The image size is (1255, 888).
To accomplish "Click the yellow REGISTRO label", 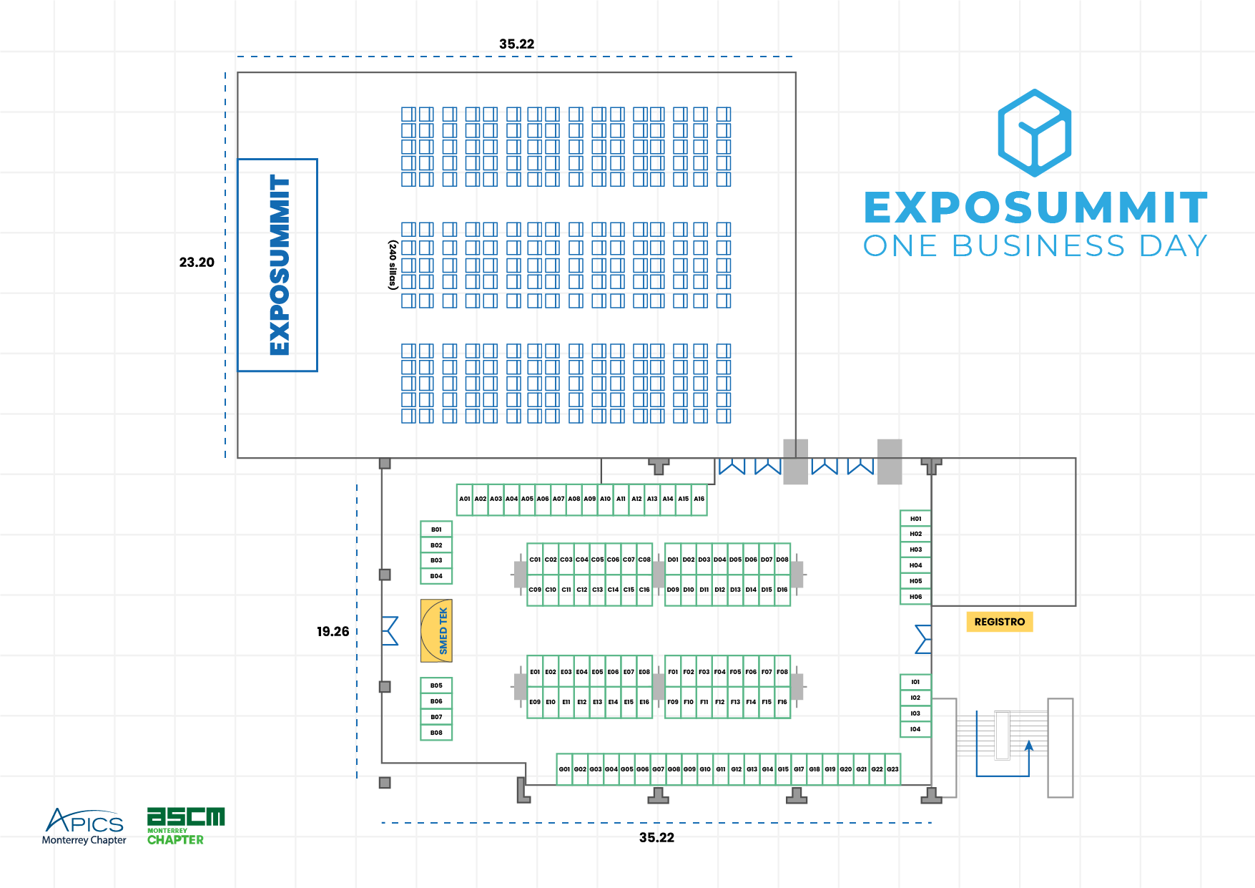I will click(x=999, y=622).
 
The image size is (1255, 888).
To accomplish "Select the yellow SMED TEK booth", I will click(x=436, y=630).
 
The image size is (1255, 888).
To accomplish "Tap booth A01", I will click(x=464, y=499).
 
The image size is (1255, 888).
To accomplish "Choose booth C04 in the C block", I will click(x=582, y=560).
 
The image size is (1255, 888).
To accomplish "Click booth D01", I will click(x=673, y=560).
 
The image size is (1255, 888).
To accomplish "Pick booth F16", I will click(x=782, y=703).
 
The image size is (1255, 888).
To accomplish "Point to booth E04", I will click(x=582, y=672).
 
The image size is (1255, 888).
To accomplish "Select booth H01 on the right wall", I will click(x=915, y=519).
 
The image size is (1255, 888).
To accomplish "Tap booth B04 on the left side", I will click(x=436, y=576).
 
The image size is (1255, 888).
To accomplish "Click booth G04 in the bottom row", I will click(x=611, y=769).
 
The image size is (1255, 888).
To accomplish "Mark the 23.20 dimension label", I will click(x=197, y=263).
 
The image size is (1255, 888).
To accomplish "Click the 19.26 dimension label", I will click(x=333, y=631).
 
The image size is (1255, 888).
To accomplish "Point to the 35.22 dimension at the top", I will click(x=516, y=44).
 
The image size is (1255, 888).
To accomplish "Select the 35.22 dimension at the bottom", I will click(x=656, y=837).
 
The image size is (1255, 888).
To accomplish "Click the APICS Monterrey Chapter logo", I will click(x=84, y=826).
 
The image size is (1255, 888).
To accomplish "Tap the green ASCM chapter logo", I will click(x=185, y=826).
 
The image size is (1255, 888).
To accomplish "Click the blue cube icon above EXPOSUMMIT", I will click(x=1034, y=133).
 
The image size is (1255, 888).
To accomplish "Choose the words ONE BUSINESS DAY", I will click(x=1035, y=246).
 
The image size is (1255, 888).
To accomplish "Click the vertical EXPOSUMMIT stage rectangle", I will click(x=277, y=265).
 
